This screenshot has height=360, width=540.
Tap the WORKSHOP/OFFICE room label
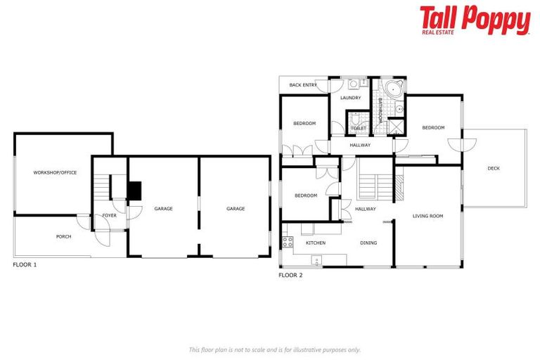tap(55, 172)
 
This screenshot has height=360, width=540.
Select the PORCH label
tap(64, 236)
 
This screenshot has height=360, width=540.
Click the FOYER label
tap(109, 215)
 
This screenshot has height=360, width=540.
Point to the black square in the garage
tap(134, 191)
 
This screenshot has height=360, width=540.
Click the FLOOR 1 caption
tap(25, 265)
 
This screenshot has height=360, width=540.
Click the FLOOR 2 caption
tap(290, 275)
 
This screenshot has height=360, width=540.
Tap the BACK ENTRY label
tap(303, 85)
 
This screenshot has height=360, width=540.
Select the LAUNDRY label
tap(350, 98)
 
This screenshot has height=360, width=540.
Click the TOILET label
tap(358, 128)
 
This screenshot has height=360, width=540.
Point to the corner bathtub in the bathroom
tap(392, 89)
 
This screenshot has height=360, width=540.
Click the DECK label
tap(494, 168)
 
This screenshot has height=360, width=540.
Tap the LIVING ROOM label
tap(427, 216)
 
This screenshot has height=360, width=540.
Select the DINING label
tap(368, 243)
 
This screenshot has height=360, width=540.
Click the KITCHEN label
tap(316, 243)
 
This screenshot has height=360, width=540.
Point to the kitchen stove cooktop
tap(287, 243)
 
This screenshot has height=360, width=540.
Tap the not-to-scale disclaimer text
tap(275, 349)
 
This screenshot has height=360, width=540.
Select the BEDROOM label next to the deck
tap(433, 127)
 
